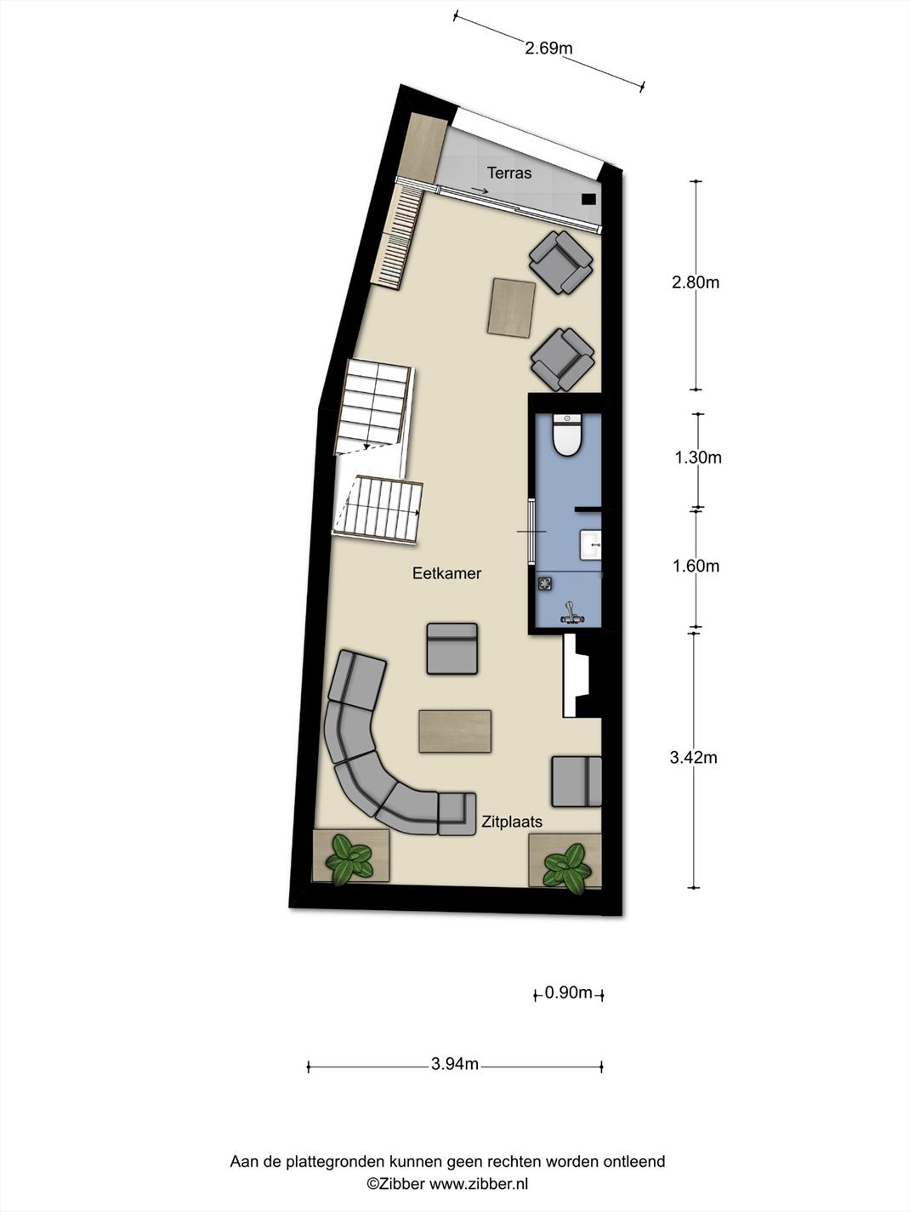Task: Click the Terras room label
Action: (x=508, y=173)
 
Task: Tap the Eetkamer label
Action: (x=446, y=573)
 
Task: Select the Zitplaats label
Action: (x=512, y=822)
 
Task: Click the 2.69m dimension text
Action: (x=548, y=48)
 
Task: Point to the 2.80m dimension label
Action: (x=696, y=282)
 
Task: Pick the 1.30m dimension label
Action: (x=698, y=458)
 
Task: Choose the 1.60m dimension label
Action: (x=696, y=566)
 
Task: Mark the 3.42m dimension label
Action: (x=694, y=758)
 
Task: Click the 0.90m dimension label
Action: (x=569, y=993)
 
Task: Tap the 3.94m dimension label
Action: (x=455, y=1063)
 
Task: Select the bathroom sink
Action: (x=590, y=544)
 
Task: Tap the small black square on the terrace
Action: (x=589, y=199)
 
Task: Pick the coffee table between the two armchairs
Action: (x=512, y=308)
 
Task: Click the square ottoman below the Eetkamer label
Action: (x=452, y=649)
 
